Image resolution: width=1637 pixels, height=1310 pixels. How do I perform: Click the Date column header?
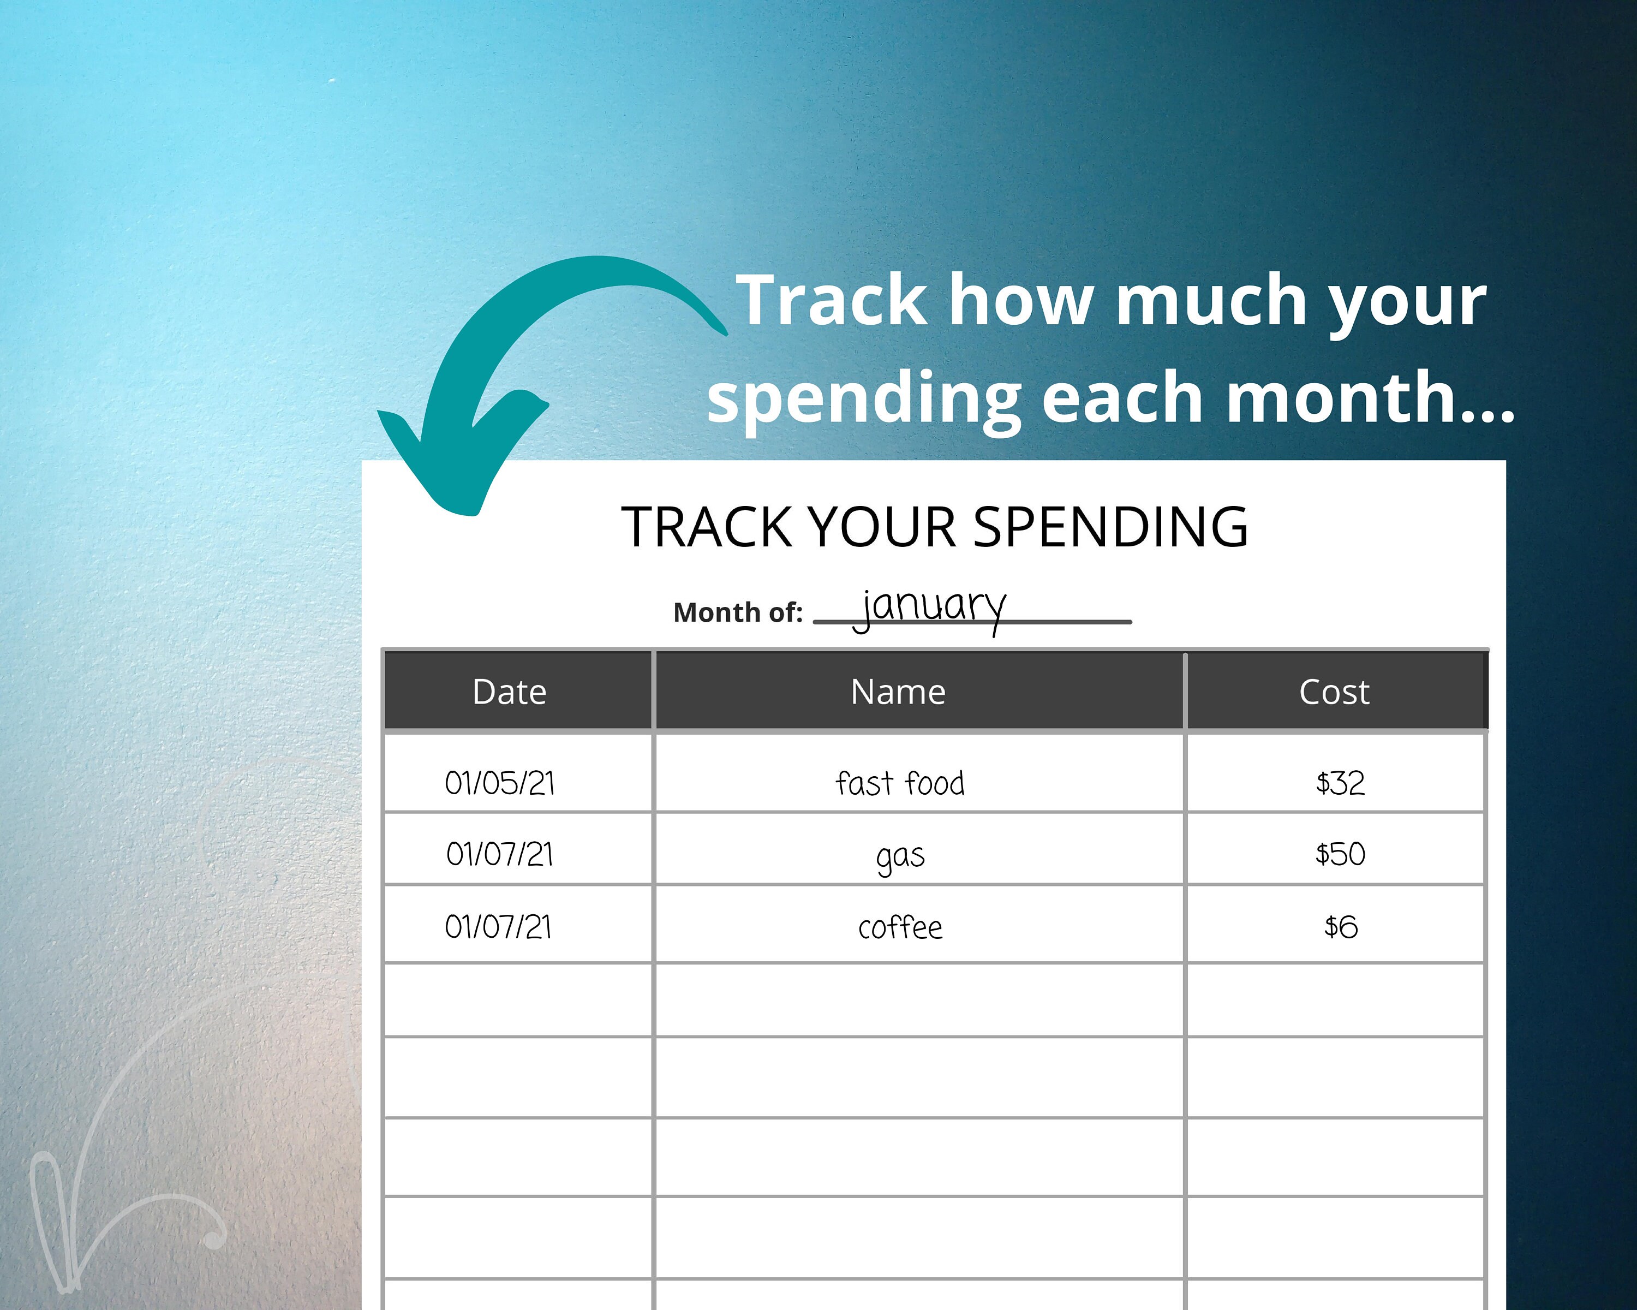(x=510, y=692)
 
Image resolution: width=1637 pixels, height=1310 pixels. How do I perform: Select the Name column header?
(x=898, y=692)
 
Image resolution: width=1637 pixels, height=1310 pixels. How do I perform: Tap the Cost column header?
(x=1334, y=692)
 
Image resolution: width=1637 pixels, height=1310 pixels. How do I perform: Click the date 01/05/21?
(x=500, y=783)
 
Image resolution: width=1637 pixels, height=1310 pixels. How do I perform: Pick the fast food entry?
(x=900, y=783)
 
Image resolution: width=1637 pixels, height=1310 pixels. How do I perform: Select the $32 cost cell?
(x=1340, y=783)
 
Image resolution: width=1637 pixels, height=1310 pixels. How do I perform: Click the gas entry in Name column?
(x=900, y=856)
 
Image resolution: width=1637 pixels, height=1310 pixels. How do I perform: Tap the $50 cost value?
(x=1340, y=854)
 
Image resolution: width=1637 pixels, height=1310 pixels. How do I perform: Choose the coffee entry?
(x=900, y=927)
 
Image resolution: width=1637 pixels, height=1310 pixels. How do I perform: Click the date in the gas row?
(x=500, y=854)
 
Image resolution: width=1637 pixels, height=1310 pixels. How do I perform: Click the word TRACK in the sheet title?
(x=707, y=527)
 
